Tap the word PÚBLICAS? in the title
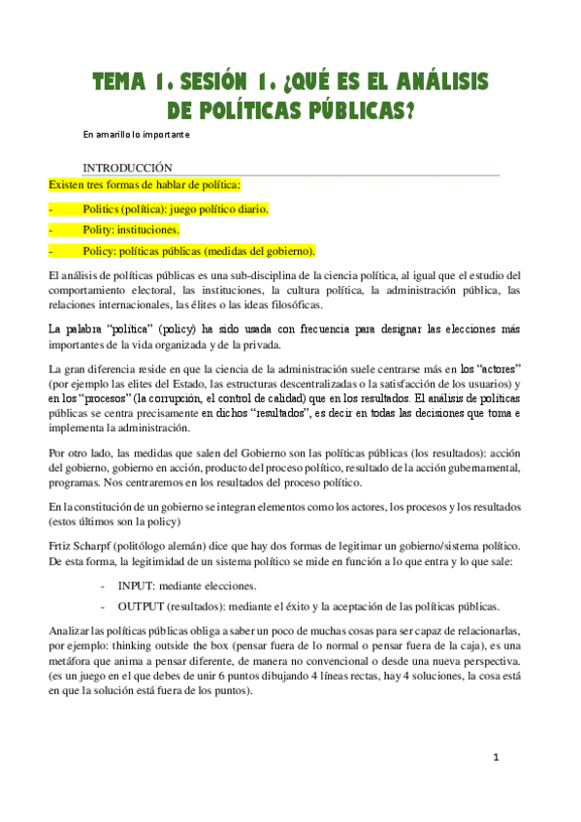(365, 112)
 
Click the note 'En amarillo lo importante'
(135, 135)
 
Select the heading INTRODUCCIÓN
(127, 167)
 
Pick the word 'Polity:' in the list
(101, 230)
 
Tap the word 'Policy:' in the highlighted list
(101, 251)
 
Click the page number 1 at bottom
(495, 784)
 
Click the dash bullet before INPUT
(104, 586)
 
